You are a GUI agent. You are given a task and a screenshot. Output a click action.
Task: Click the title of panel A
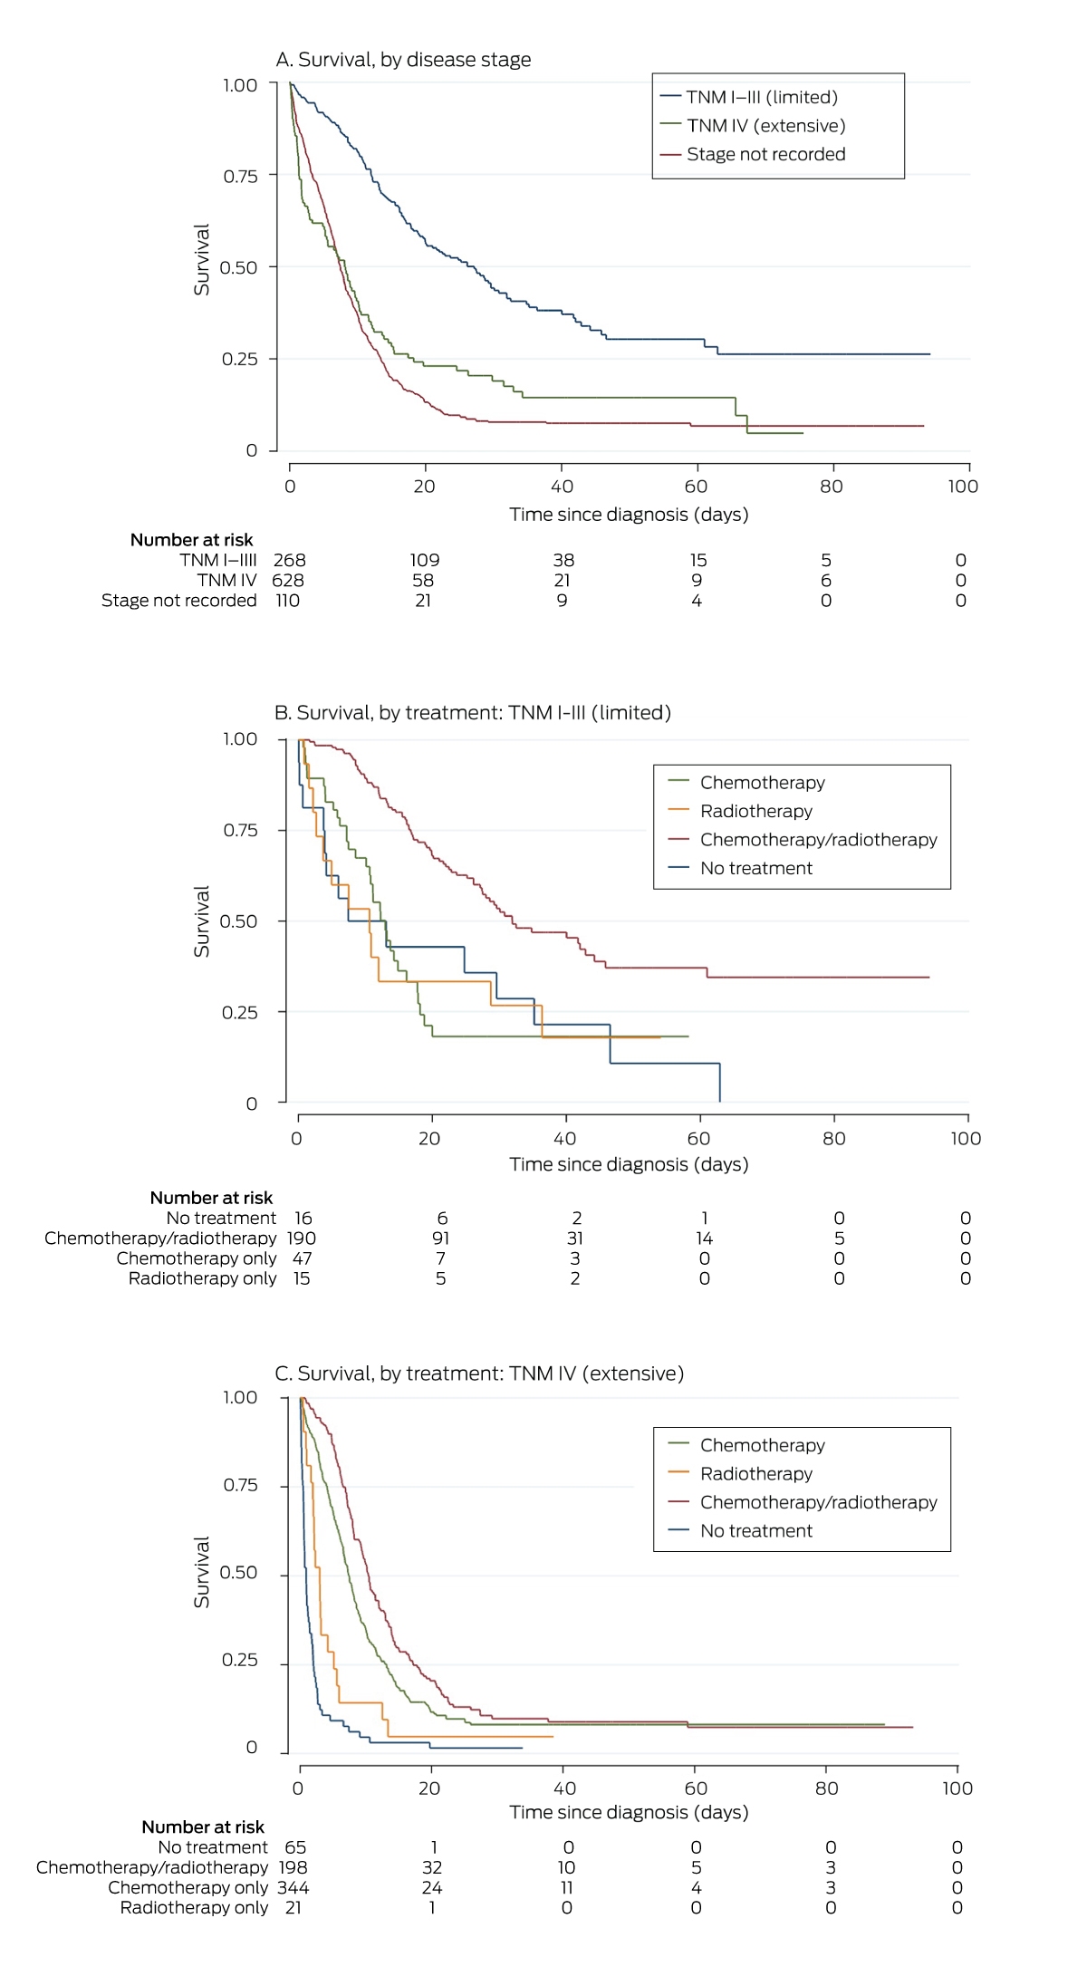point(403,60)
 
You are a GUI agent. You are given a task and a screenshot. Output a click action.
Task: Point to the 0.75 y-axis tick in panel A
point(240,176)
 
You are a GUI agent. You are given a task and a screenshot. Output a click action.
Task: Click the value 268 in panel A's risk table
point(290,560)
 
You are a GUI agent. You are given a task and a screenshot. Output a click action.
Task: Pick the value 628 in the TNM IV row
point(288,580)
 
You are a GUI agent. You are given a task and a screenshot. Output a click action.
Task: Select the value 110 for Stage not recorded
point(287,600)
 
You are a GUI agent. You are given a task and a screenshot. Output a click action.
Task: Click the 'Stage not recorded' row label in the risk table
point(179,601)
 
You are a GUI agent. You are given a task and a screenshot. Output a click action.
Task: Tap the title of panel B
point(473,713)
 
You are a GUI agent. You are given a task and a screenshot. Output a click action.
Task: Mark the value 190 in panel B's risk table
point(302,1239)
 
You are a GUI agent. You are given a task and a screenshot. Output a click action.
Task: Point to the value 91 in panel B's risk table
point(441,1239)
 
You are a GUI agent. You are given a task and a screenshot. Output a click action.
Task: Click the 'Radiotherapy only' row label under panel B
point(202,1278)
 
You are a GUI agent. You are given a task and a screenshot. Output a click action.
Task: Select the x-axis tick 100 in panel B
point(966,1139)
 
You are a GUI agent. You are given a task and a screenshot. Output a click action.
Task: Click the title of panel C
point(479,1374)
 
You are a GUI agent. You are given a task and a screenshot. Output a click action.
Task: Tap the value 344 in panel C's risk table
point(293,1888)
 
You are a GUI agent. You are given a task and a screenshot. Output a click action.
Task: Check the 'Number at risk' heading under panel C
point(203,1827)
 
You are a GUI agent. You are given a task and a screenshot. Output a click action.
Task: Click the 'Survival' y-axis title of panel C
point(201,1572)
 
